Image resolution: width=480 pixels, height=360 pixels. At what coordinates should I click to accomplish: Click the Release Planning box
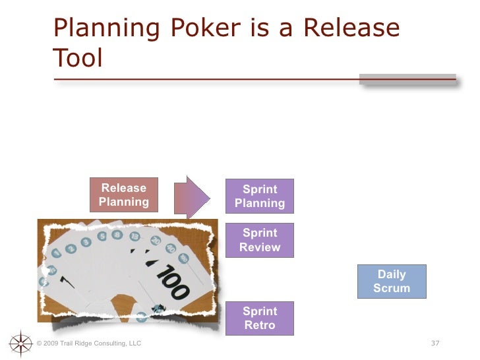(x=124, y=195)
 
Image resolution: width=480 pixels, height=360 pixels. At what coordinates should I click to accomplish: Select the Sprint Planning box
(x=260, y=196)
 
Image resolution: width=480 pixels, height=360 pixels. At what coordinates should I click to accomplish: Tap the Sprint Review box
(x=260, y=240)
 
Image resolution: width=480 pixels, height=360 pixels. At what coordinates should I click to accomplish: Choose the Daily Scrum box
(x=392, y=282)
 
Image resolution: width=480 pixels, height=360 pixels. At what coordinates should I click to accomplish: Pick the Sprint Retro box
(x=260, y=318)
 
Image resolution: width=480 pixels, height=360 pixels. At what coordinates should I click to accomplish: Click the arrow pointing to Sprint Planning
(x=192, y=196)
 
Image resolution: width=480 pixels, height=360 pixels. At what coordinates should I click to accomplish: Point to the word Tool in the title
(x=78, y=59)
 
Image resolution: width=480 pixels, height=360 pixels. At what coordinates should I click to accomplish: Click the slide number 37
(x=435, y=343)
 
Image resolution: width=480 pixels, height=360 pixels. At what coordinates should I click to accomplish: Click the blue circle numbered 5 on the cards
(x=102, y=236)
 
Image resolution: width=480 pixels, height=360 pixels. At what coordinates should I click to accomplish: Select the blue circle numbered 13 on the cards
(x=135, y=236)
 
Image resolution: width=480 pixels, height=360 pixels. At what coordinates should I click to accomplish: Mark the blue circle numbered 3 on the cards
(x=86, y=241)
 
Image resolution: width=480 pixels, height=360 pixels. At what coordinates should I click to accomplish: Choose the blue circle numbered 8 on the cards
(x=119, y=233)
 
